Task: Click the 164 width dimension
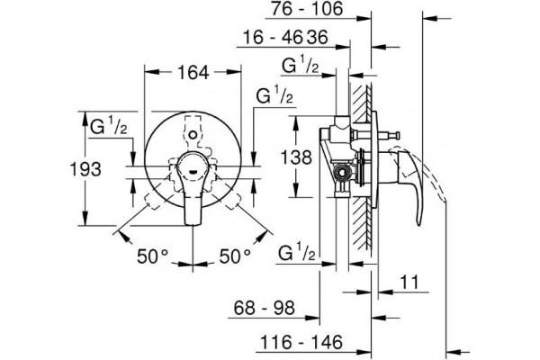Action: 193,72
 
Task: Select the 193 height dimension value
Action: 85,169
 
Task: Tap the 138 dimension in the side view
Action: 296,157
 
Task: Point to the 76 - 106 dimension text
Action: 307,9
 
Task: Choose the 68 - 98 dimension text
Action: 264,308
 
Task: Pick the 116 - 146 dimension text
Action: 301,342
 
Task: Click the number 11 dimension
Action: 409,282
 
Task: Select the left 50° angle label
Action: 152,256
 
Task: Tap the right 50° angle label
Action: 235,256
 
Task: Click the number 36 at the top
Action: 317,37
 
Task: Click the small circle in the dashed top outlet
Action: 193,133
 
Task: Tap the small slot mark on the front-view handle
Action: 193,169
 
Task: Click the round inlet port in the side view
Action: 343,174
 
